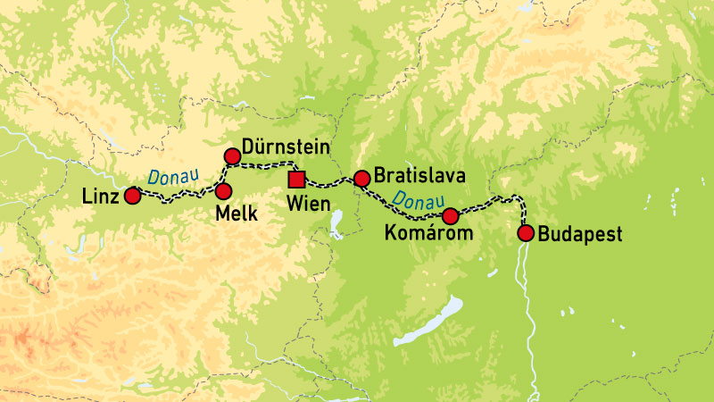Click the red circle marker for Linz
tap(132, 196)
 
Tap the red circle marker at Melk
tap(223, 191)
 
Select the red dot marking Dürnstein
tap(232, 157)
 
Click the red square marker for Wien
tap(297, 180)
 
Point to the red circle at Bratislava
tap(361, 179)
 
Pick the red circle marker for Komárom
tap(451, 215)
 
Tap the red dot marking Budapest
tap(526, 234)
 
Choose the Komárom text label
tap(425, 234)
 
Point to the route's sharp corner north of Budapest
tap(520, 198)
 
